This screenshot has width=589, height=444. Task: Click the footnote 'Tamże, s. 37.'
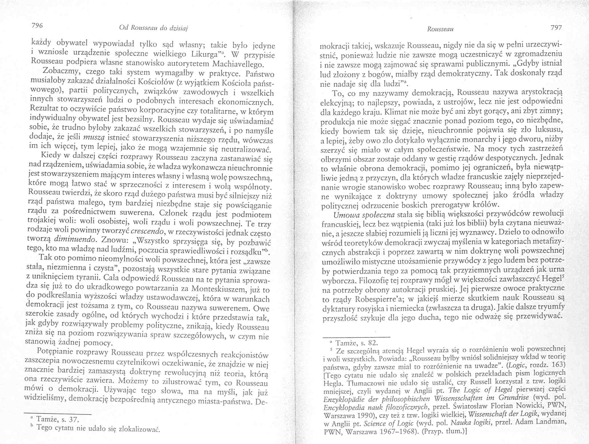pos(55,419)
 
